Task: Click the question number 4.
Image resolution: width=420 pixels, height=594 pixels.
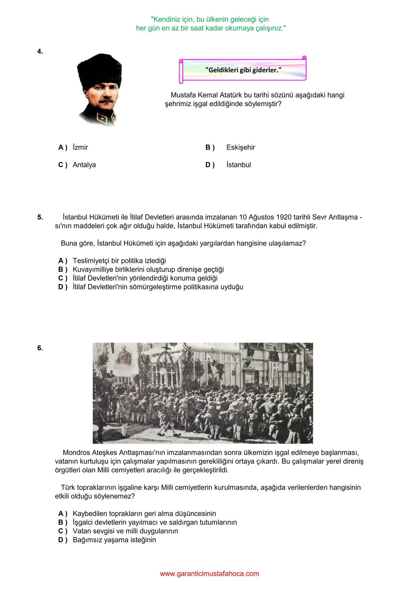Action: coord(40,51)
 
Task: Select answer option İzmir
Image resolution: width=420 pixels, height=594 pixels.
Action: coord(80,147)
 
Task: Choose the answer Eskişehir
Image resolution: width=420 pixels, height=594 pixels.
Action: coord(240,147)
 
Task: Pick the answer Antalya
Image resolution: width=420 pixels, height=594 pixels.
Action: coord(84,165)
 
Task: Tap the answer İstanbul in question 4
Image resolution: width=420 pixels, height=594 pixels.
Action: coord(238,165)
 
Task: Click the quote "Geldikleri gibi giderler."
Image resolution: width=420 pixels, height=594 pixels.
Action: coord(243,70)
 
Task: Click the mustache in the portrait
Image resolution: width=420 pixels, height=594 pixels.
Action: coord(106,100)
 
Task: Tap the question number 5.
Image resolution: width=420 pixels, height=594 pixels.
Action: coord(40,217)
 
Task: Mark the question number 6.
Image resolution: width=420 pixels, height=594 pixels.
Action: coord(40,348)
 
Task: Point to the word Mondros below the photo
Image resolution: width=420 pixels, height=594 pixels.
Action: coord(76,453)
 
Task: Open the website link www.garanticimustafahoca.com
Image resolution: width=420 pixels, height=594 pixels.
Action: coord(209,574)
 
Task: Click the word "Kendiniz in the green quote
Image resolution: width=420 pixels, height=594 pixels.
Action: coord(164,19)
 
